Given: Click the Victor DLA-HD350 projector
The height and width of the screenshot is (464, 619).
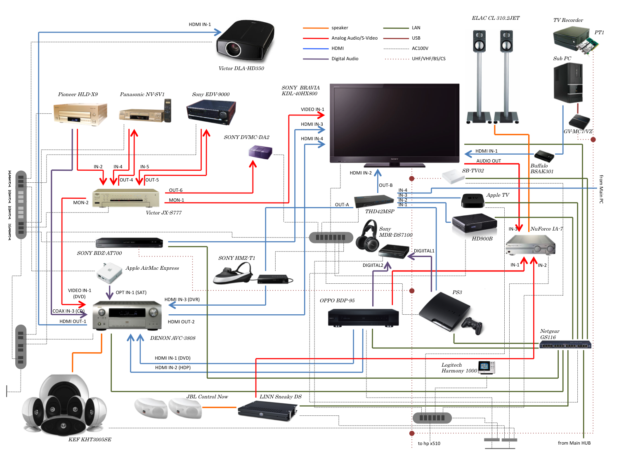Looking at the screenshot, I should [245, 41].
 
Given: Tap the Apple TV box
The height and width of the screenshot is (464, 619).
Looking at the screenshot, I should [473, 200].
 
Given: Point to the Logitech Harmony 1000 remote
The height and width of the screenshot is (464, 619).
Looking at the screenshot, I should [486, 367].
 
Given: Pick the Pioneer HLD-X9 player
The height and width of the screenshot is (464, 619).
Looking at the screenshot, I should [80, 114].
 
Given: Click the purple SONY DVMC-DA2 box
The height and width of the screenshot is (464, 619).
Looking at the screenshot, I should [260, 152].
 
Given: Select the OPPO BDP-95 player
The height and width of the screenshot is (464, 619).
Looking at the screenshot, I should [363, 318].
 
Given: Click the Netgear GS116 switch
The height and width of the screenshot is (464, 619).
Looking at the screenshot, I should [565, 344].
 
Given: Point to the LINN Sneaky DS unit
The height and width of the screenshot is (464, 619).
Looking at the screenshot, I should [267, 411].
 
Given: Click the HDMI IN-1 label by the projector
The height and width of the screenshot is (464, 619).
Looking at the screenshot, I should [200, 24].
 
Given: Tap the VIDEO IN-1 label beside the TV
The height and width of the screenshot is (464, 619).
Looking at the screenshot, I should [312, 109].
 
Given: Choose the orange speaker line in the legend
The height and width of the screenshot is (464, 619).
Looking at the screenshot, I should [315, 28].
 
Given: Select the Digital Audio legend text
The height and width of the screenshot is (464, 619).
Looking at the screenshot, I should [345, 59].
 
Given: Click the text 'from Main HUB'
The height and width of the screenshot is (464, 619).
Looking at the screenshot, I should [574, 443].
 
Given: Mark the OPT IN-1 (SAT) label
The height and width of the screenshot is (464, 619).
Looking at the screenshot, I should [131, 292].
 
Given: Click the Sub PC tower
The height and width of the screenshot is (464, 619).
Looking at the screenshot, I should [568, 83].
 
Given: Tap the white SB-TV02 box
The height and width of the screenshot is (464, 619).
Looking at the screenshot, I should [453, 177].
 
